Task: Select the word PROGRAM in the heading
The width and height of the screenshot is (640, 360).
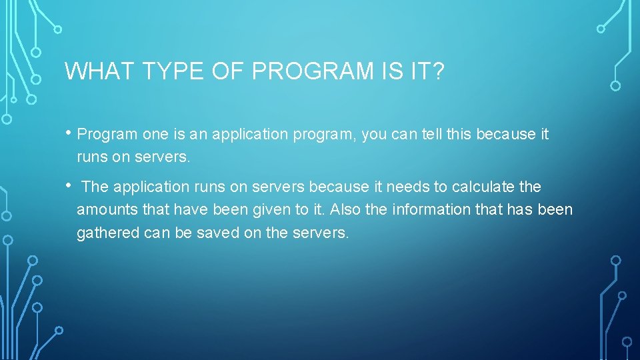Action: (297, 71)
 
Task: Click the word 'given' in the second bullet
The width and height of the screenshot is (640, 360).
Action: (263, 210)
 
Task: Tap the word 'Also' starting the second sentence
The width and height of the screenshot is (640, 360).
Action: (345, 210)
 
